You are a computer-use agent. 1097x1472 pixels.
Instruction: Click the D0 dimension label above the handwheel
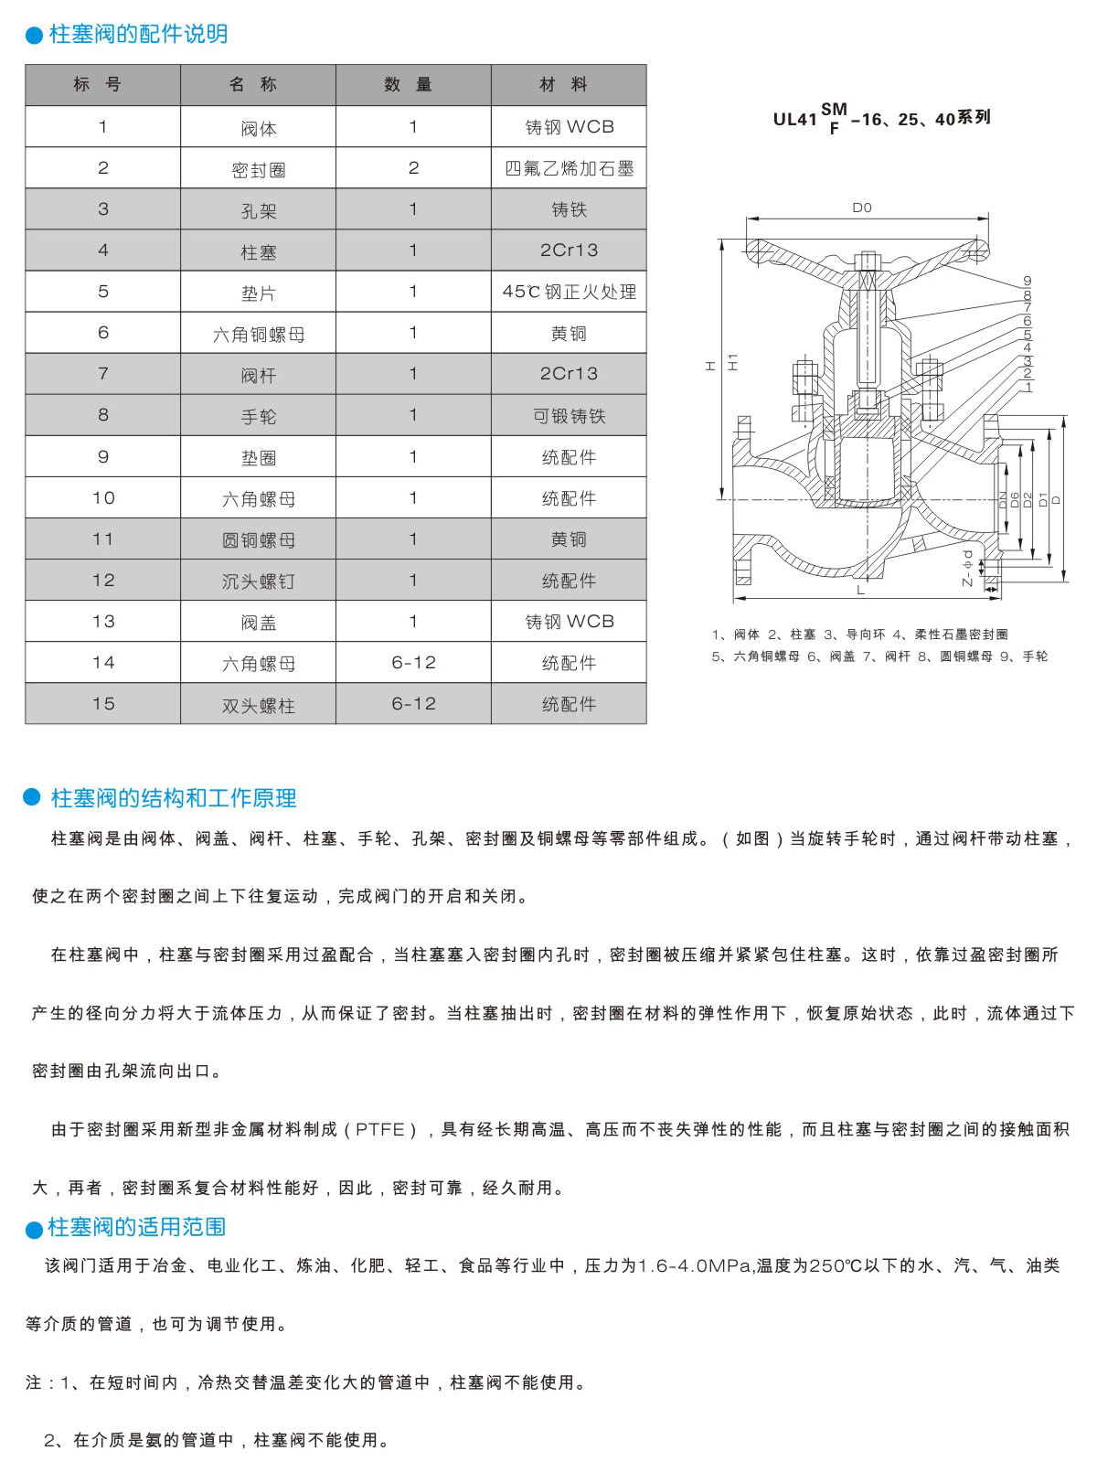coord(861,208)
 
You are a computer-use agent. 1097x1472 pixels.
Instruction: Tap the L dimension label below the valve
coord(860,591)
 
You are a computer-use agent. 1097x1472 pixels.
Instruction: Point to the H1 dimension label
coord(732,362)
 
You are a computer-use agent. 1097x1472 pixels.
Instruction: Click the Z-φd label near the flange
coord(967,568)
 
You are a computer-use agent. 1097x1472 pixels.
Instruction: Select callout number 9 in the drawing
coord(1027,282)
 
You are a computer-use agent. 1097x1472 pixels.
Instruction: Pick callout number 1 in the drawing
coord(1028,387)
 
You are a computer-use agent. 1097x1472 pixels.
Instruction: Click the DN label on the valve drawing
coord(1002,500)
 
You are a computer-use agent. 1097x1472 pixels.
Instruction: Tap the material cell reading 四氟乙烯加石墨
coord(569,168)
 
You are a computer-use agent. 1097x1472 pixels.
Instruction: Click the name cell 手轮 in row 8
coord(258,417)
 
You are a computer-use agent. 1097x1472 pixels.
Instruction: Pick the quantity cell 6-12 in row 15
coord(413,704)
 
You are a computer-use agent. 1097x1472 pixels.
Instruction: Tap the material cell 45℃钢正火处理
coord(569,292)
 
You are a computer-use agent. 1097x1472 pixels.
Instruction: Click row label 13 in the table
coord(103,622)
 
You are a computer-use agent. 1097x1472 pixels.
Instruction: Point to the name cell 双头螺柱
coord(258,705)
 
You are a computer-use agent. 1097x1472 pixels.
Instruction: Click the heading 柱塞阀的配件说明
coord(138,34)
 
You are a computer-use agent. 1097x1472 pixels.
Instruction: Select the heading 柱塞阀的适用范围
coord(136,1227)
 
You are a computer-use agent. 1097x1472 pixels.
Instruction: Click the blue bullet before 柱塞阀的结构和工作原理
coord(33,797)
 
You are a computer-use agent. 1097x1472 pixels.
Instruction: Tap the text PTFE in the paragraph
coord(379,1130)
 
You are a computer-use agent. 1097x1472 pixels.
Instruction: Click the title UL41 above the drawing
coord(794,120)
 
